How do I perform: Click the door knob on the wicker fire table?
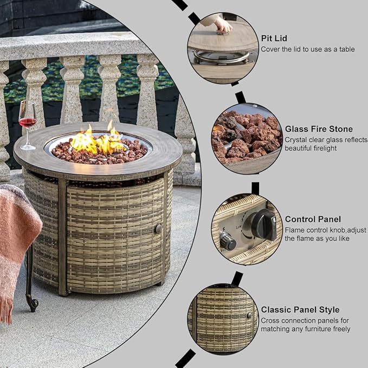point(158,229)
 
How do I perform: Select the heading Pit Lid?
point(274,38)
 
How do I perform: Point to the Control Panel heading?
point(313,219)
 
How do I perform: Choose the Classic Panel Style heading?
point(300,310)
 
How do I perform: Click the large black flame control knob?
point(264,224)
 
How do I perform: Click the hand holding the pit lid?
point(222,24)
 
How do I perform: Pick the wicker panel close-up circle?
point(223,320)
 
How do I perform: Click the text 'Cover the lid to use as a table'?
point(308,49)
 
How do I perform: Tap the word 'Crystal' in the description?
point(295,140)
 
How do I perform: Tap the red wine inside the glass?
point(27,122)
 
